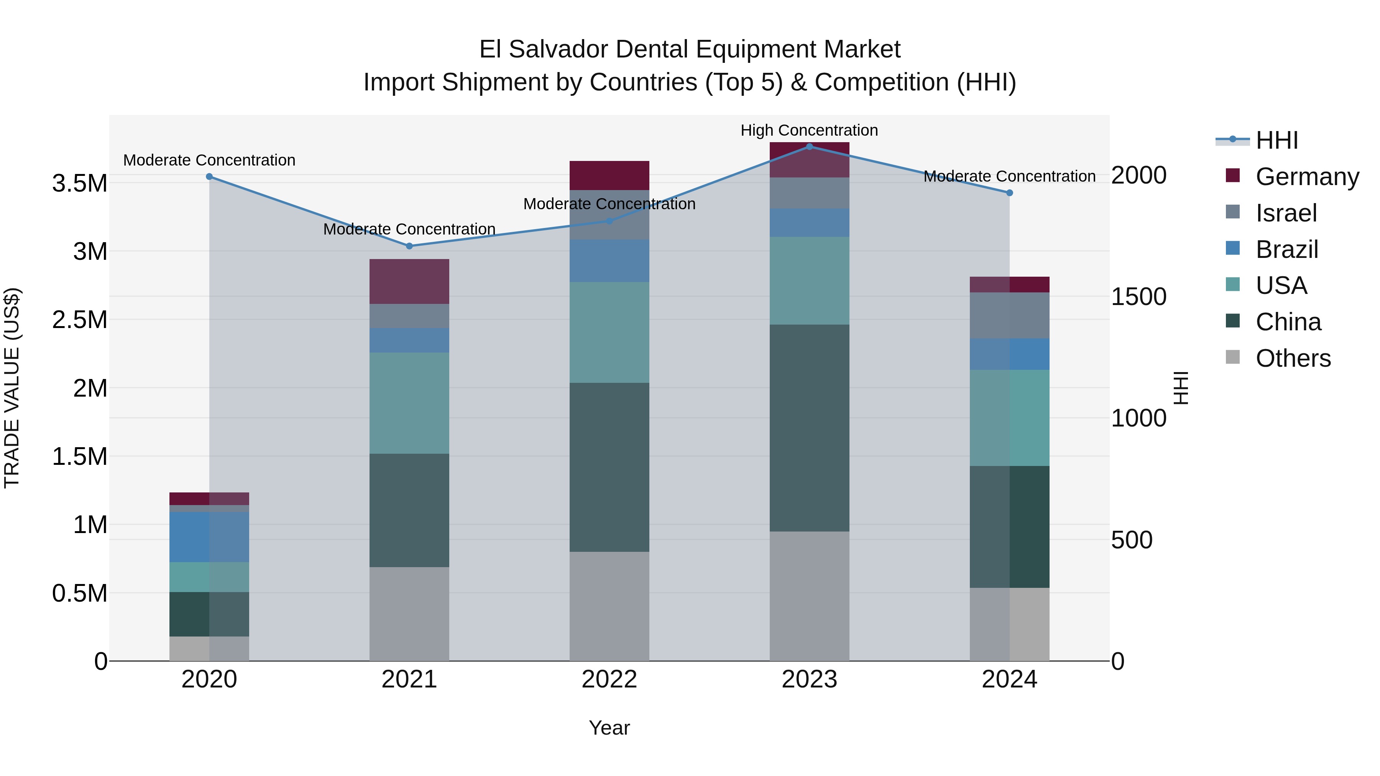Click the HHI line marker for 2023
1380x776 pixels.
809,146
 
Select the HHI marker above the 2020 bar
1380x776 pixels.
209,176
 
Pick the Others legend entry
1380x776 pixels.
1292,358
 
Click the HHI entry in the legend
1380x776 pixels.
1276,140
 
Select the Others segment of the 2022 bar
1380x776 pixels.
609,606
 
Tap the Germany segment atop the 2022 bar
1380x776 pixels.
609,175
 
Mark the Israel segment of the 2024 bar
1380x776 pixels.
1009,315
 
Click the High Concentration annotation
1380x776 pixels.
809,130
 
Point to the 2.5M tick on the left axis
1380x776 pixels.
79,320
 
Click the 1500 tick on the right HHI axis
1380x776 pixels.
1138,297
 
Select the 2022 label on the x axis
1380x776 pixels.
609,679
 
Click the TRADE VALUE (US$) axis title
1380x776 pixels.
12,388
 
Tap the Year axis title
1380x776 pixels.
609,728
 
